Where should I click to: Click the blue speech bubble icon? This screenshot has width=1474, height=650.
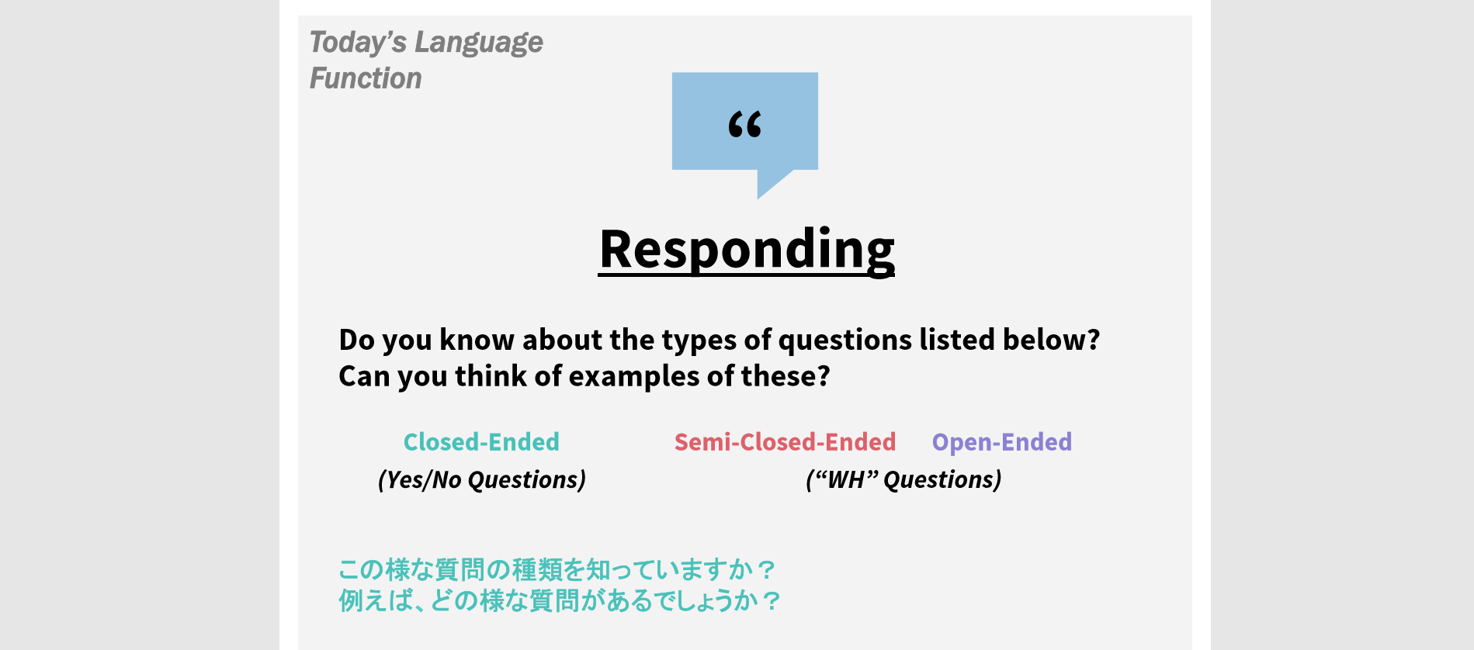[x=744, y=124]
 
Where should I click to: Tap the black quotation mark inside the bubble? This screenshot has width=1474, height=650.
[x=745, y=124]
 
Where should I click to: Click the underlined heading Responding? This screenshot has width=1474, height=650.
[x=747, y=250]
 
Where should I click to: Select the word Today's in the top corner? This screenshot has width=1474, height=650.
[x=358, y=42]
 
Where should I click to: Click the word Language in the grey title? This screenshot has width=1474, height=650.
[x=479, y=43]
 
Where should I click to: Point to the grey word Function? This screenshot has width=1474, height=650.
[x=366, y=78]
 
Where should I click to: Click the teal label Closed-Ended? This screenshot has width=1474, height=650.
[x=481, y=442]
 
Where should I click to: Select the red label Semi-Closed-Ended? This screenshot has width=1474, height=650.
[x=785, y=442]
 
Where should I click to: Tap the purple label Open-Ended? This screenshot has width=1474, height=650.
[x=1002, y=442]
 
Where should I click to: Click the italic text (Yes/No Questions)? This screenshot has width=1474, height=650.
[x=482, y=480]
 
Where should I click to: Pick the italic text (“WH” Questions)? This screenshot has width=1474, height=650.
[x=903, y=480]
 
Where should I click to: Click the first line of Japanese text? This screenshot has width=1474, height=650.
[x=557, y=570]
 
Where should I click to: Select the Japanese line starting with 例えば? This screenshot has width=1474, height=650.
[x=559, y=601]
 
